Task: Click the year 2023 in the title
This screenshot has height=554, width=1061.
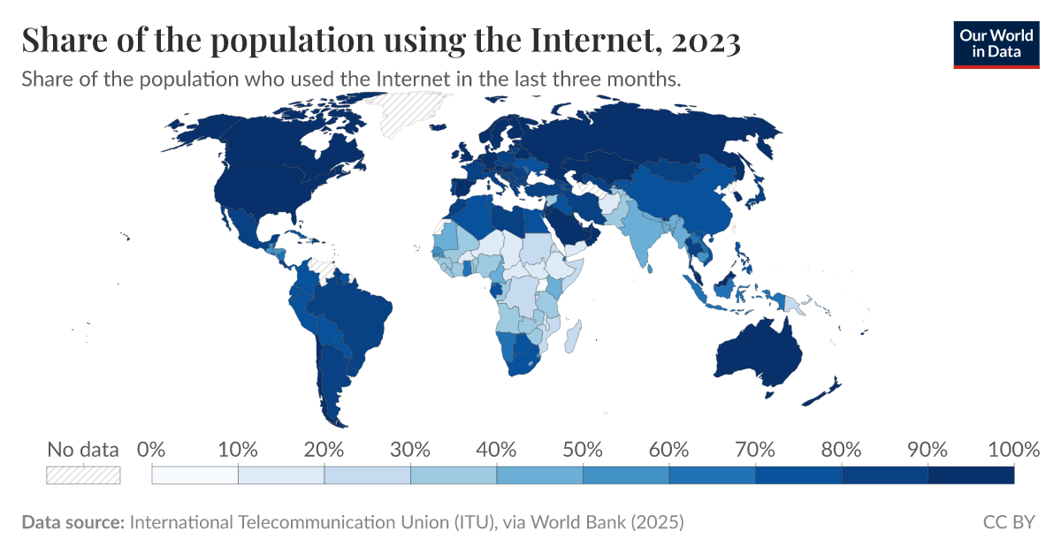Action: [705, 41]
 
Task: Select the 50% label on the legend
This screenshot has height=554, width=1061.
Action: [583, 449]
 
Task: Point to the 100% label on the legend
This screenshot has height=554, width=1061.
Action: [1013, 449]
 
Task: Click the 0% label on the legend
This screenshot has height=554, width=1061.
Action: [152, 449]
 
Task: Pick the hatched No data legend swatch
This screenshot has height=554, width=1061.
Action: [83, 475]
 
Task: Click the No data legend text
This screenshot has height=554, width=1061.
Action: [83, 449]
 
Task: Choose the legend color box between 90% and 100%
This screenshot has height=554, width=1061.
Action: [971, 475]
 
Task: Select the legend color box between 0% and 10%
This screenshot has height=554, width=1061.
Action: [195, 475]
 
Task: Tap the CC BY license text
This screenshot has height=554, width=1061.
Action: [1009, 522]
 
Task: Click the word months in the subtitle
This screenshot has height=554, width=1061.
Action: [647, 79]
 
